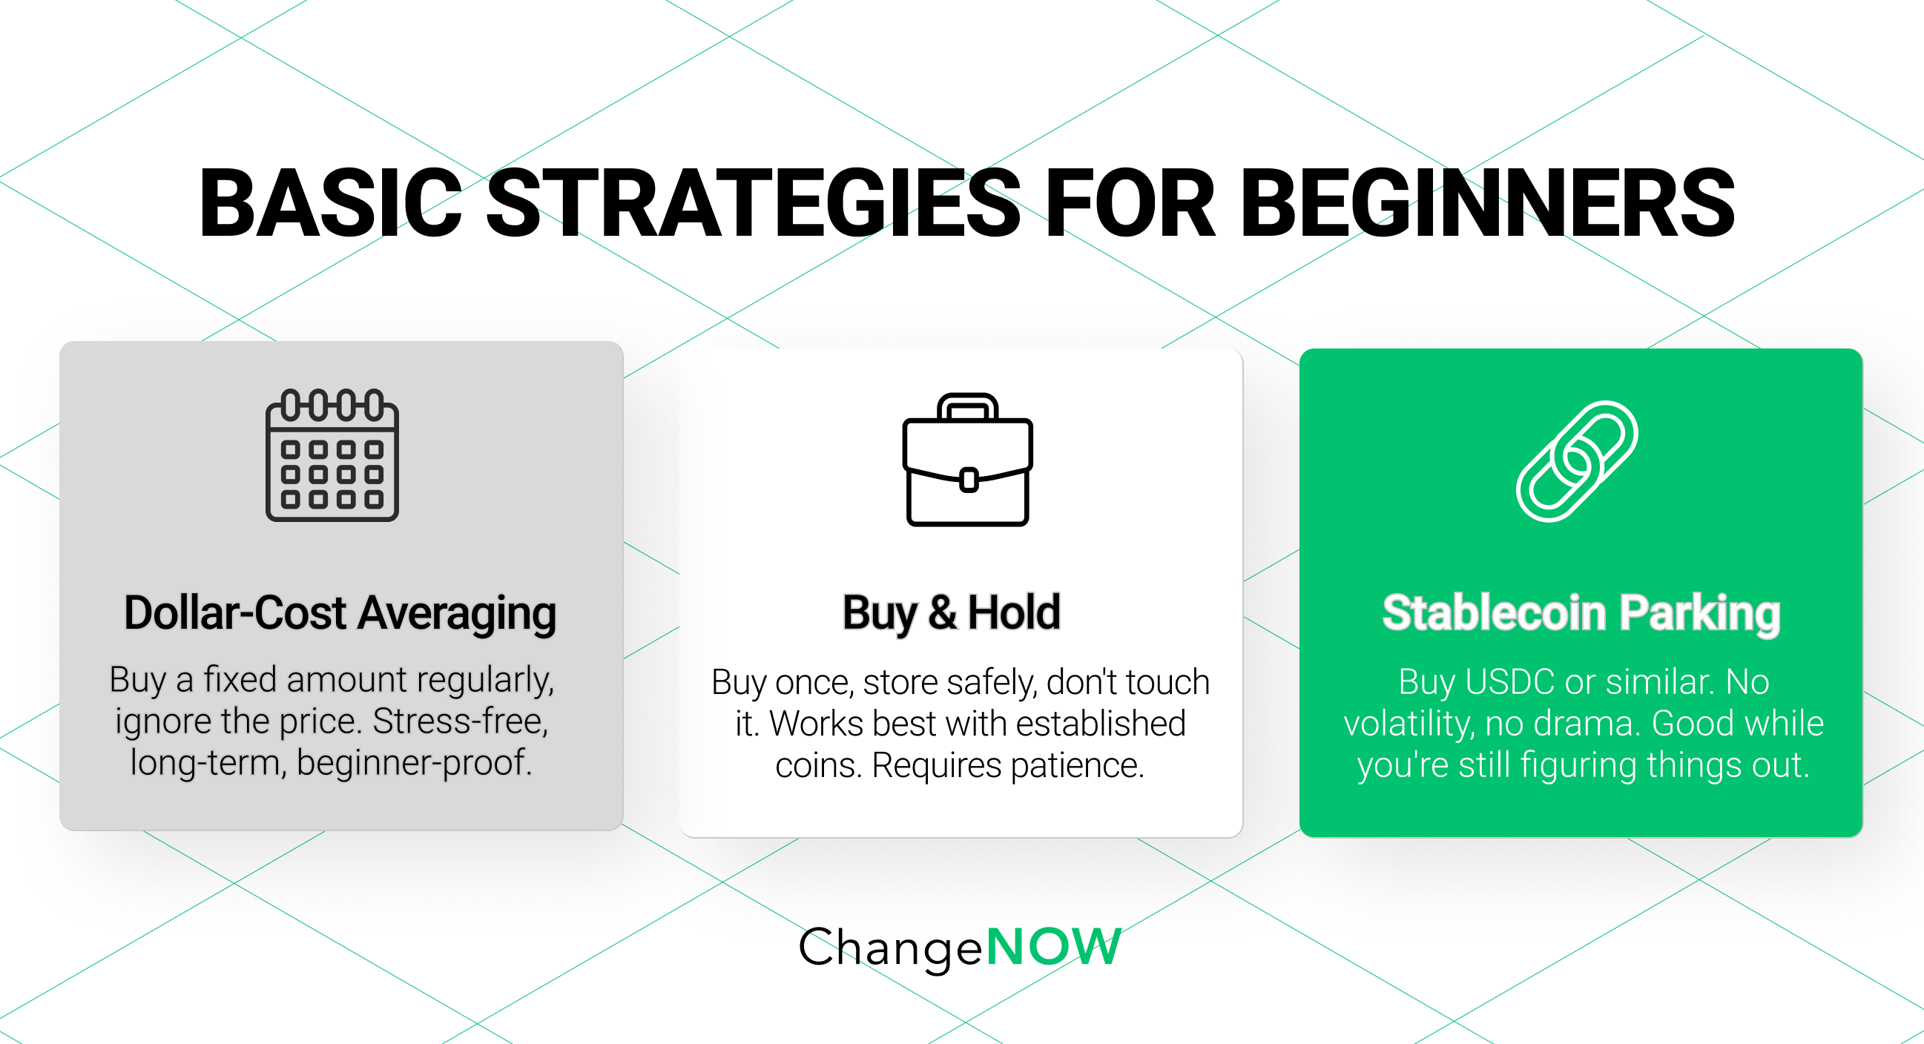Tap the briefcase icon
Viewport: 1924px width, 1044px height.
(968, 461)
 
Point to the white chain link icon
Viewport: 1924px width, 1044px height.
(1577, 461)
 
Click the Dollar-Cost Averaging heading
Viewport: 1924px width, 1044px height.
(340, 613)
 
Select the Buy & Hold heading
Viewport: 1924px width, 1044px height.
(951, 613)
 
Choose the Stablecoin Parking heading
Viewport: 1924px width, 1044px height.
(1581, 613)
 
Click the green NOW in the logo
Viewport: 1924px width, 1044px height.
(1054, 947)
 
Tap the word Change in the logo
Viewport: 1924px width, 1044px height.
(890, 947)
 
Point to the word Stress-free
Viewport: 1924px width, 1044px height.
(460, 721)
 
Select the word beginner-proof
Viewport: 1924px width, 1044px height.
(414, 763)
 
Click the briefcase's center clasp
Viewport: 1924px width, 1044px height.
(969, 480)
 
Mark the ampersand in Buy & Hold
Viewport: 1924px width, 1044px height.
(942, 613)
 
